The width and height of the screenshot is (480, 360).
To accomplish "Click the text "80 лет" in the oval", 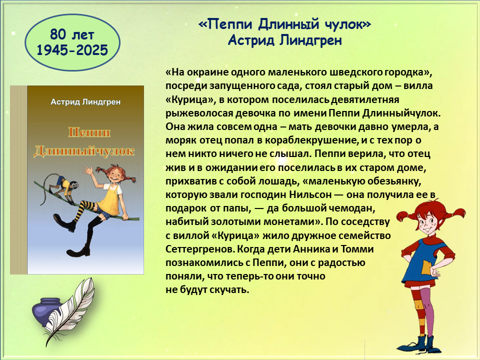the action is coord(72,34).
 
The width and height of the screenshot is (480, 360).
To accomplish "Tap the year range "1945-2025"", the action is coord(72,50).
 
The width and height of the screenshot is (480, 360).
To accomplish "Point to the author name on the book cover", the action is coord(85,101).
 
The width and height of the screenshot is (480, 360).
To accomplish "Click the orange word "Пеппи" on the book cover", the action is coord(89,132).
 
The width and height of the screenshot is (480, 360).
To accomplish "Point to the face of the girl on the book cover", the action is coord(115,174).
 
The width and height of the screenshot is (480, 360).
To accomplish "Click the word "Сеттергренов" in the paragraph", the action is coord(200,249).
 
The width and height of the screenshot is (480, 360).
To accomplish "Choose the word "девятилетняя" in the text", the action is coord(365,100).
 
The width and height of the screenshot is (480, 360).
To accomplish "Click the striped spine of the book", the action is coord(18,180).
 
